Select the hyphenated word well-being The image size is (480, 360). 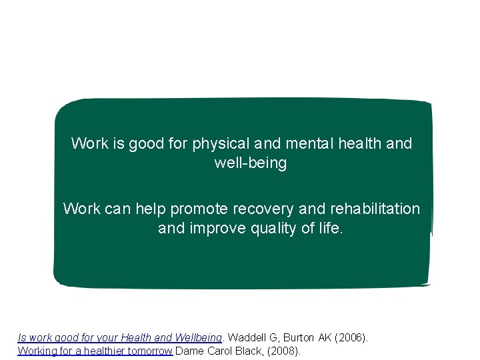(251, 163)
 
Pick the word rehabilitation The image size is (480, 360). (375, 209)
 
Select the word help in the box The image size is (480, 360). (151, 209)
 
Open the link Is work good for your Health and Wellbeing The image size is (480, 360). (119, 338)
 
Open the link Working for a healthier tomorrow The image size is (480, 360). (95, 350)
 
